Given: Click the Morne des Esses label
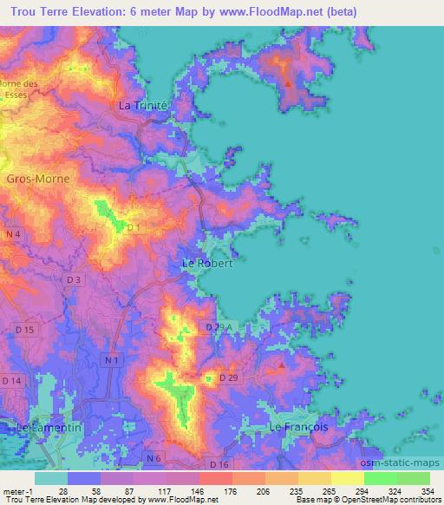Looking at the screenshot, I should click(x=21, y=89).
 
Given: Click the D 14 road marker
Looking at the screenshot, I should click(x=12, y=380).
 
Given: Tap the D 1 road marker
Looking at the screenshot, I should click(x=133, y=227).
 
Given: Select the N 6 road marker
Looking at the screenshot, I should click(x=154, y=457).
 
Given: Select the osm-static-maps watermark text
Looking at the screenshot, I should click(x=407, y=464).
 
